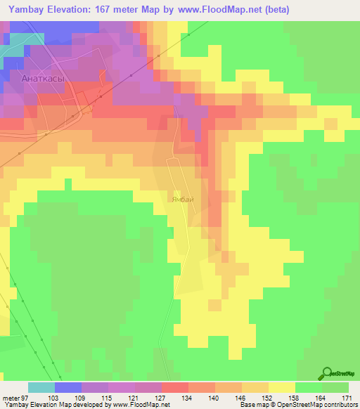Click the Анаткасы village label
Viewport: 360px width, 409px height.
pos(44,79)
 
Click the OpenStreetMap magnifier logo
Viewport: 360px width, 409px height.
pos(328,374)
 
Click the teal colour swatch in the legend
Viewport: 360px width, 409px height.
pos(41,387)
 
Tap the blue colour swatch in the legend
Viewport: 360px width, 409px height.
pos(68,387)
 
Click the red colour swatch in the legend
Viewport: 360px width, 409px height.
pos(175,387)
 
